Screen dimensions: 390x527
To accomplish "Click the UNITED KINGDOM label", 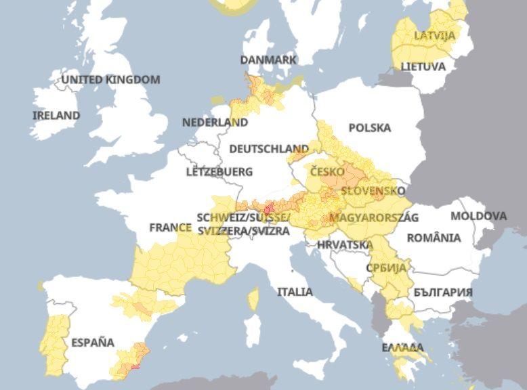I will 111,80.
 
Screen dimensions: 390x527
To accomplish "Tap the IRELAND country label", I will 56,116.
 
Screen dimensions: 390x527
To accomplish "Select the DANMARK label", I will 268,60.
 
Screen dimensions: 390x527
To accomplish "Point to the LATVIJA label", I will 435,35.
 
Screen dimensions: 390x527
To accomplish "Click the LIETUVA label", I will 423,67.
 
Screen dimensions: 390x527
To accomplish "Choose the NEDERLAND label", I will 215,123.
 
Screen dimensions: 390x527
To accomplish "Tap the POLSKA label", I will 369,128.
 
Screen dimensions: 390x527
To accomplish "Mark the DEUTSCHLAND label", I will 269,148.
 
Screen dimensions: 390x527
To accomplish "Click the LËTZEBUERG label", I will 219,172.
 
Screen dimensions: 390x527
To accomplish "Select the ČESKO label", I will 327,172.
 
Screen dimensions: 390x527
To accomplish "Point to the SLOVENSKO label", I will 373,191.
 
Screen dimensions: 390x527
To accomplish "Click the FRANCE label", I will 170,227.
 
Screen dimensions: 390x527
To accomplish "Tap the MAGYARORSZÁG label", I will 373,217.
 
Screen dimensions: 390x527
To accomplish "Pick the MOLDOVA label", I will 478,216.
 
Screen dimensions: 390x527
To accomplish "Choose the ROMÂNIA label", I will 434,238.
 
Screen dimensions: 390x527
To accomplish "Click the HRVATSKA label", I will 345,244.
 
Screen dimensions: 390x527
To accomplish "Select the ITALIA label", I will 295,292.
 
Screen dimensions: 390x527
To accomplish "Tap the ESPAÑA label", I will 93,342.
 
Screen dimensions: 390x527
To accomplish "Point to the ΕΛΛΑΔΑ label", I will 402,347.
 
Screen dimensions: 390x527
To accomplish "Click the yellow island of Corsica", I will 253,298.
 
